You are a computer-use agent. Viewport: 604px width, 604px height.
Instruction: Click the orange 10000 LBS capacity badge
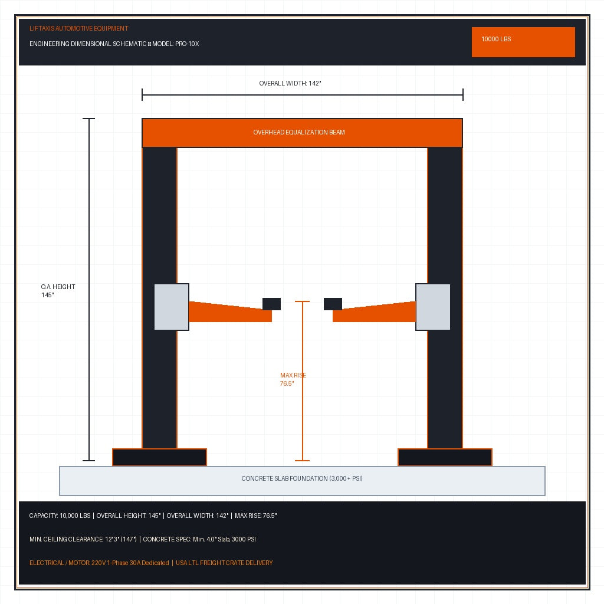coord(523,42)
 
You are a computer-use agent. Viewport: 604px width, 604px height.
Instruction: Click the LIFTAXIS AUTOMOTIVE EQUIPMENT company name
coord(78,28)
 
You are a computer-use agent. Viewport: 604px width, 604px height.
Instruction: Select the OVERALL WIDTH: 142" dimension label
coord(290,83)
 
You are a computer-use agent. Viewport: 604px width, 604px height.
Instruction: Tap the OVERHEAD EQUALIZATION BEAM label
coord(299,132)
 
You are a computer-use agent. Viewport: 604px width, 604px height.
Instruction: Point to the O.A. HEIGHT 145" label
coord(58,291)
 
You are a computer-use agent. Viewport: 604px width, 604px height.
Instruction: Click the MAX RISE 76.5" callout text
coord(293,379)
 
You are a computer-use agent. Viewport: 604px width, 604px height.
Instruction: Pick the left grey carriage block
coord(172,307)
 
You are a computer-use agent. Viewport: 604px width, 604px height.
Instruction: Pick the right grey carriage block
coord(433,307)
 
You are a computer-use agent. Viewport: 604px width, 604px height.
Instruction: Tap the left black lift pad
coord(271,304)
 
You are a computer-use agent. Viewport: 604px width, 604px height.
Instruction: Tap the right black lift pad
coord(333,304)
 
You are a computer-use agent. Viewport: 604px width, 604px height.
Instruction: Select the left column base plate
coord(159,457)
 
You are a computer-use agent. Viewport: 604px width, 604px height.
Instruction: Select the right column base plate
coord(445,457)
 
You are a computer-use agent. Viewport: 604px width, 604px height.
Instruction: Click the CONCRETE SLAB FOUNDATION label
coord(302,478)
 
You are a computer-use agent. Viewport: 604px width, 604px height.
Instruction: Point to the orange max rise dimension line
coord(303,381)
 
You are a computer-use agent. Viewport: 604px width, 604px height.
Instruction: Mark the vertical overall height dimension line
coord(89,289)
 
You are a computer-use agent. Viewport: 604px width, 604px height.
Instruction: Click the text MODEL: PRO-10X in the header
coord(176,44)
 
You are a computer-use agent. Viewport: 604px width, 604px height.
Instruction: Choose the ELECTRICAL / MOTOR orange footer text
coord(99,563)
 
